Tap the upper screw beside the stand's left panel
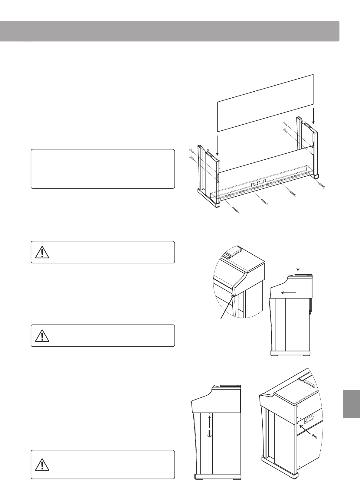pyautogui.click(x=191, y=150)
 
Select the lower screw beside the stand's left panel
pyautogui.click(x=191, y=157)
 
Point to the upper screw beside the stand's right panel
pyautogui.click(x=285, y=123)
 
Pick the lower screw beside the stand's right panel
pyautogui.click(x=285, y=130)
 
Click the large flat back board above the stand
pyautogui.click(x=265, y=103)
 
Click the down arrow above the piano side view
pyautogui.click(x=298, y=264)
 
